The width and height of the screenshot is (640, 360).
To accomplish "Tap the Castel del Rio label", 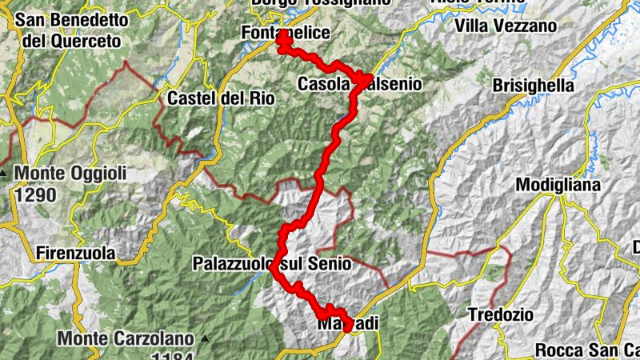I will pyautogui.click(x=221, y=99).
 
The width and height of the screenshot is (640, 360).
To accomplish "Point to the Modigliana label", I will pyautogui.click(x=558, y=185).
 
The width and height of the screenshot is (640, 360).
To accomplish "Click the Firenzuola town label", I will pyautogui.click(x=76, y=254).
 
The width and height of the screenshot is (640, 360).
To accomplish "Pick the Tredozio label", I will pyautogui.click(x=501, y=314).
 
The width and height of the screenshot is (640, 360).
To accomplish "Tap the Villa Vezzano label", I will pyautogui.click(x=505, y=26).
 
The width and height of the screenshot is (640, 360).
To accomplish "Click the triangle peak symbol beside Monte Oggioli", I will pyautogui.click(x=6, y=174).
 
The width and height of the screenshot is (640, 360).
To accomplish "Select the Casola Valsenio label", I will pyautogui.click(x=359, y=84).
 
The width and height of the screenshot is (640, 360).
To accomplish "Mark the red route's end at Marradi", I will pyautogui.click(x=346, y=328).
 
